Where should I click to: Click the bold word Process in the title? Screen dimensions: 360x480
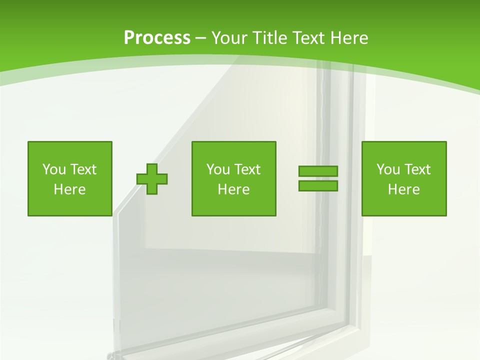tap(157, 38)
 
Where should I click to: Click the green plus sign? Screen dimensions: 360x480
tap(152, 179)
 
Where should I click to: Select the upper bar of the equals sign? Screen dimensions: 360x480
tap(318, 171)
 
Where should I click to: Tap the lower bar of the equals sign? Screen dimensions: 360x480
tap(318, 185)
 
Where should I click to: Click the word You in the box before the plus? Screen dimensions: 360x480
tap(54, 169)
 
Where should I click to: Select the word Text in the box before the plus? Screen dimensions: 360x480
tap(82, 169)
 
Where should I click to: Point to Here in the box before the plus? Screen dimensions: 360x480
tap(69, 189)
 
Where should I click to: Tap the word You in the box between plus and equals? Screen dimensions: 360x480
tap(218, 169)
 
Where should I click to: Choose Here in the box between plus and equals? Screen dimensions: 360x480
tap(233, 189)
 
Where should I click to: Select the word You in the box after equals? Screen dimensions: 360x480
tap(388, 169)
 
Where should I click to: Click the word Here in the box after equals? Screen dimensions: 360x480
tap(403, 189)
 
